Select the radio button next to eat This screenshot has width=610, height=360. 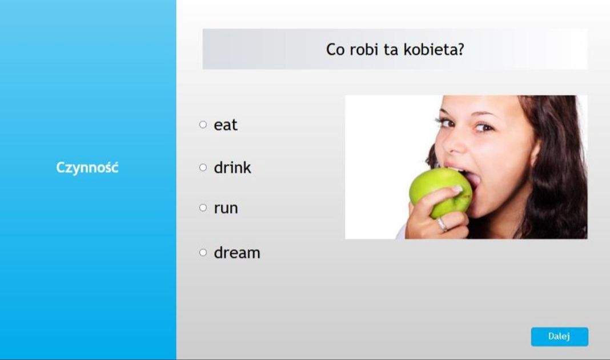pos(203,125)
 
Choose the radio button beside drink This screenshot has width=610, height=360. pos(203,167)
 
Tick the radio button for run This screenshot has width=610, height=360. pos(203,208)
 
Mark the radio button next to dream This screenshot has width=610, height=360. pos(203,253)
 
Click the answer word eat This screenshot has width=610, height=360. pos(225,125)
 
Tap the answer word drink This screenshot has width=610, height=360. pos(232,168)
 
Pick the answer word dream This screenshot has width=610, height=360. pos(236,253)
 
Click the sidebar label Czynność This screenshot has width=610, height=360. pos(87,168)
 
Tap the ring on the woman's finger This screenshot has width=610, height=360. pos(442,224)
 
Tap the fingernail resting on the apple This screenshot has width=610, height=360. pos(456,189)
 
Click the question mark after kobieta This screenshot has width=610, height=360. pos(460,50)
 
